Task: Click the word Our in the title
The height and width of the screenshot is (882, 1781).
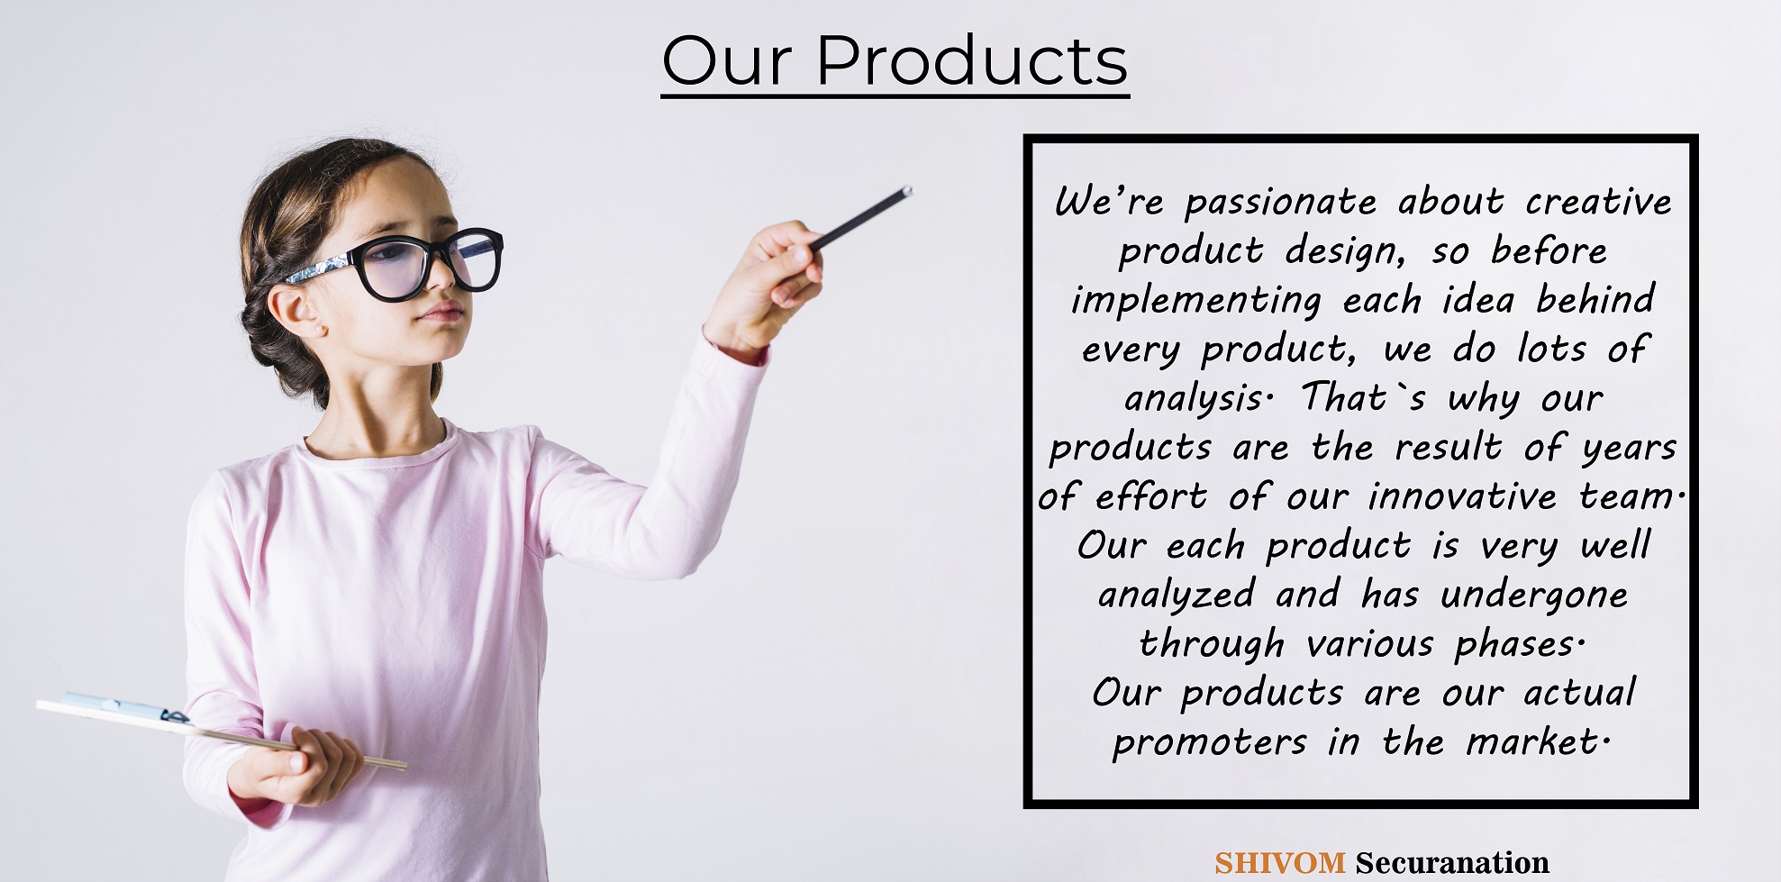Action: (728, 61)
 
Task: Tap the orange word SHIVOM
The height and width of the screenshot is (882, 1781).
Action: (1279, 863)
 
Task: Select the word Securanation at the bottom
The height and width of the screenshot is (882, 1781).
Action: (1452, 863)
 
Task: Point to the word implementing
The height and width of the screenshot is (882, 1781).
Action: (1196, 301)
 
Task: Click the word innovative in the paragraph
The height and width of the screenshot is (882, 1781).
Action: (1462, 496)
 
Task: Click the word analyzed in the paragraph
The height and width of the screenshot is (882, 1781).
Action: (1177, 596)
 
